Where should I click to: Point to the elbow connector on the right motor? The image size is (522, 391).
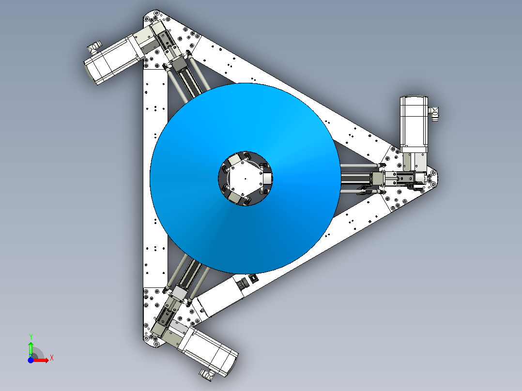(434, 113)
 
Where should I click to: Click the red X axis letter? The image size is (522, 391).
(52, 358)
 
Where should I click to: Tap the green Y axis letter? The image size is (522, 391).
(31, 336)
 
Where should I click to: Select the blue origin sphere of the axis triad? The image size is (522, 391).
(31, 360)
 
